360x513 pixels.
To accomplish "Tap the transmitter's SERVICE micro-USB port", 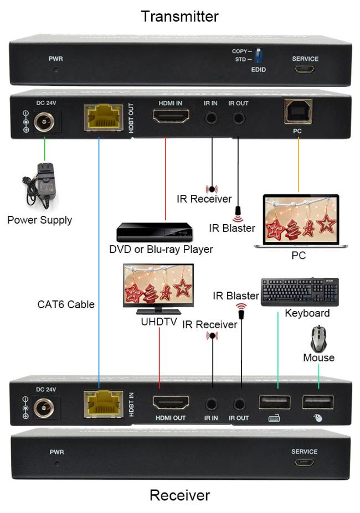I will (305, 70).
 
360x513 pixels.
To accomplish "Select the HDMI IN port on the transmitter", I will (171, 117).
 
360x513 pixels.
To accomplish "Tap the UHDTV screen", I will (158, 286).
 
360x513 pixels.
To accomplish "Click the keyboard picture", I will (300, 292).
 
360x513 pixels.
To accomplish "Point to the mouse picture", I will (318, 339).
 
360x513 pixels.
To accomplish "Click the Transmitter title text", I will (180, 16).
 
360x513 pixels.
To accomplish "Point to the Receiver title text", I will (180, 495).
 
